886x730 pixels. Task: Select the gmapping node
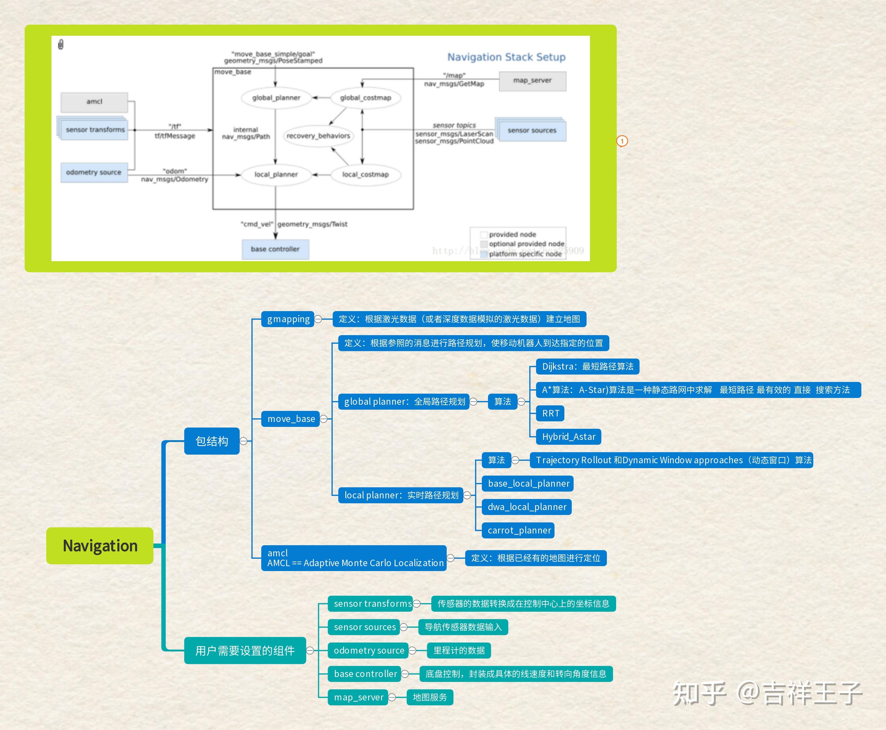(288, 319)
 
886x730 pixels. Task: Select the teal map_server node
(358, 697)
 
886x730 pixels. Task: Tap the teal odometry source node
(368, 651)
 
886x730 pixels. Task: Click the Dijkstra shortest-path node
(588, 367)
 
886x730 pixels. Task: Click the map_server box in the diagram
(532, 81)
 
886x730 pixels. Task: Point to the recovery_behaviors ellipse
(318, 136)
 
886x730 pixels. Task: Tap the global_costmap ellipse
(365, 98)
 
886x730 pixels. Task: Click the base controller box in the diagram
(275, 249)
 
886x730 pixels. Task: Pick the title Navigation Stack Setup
(506, 57)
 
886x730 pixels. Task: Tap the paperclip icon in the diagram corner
(61, 44)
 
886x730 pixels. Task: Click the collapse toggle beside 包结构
(243, 441)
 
